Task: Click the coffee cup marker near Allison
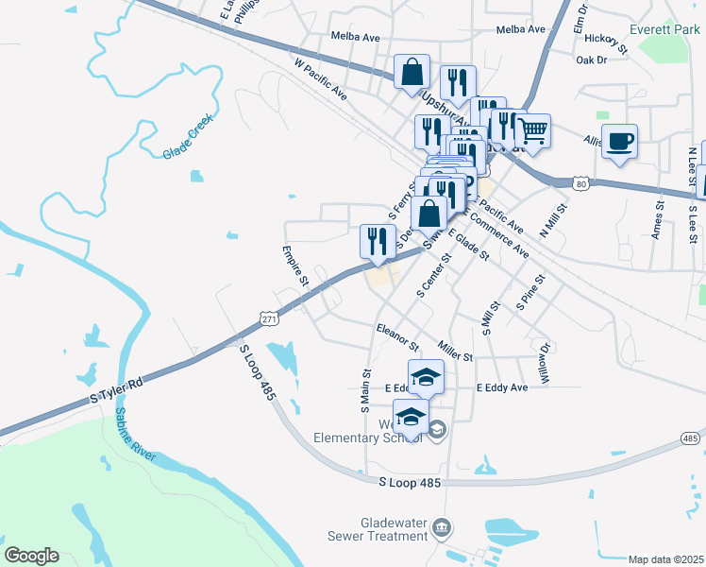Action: pos(619,143)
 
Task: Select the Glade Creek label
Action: pos(188,136)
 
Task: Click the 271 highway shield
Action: pos(270,318)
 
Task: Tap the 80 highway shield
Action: pos(582,181)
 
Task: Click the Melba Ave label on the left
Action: pos(355,37)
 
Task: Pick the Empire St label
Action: pos(295,266)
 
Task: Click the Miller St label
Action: pos(454,352)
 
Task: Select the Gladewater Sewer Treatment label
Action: pos(394,529)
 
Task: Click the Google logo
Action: pos(31,556)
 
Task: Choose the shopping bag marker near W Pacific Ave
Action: pos(412,71)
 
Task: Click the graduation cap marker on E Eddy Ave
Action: pos(426,377)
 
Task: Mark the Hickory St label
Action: pos(605,40)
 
